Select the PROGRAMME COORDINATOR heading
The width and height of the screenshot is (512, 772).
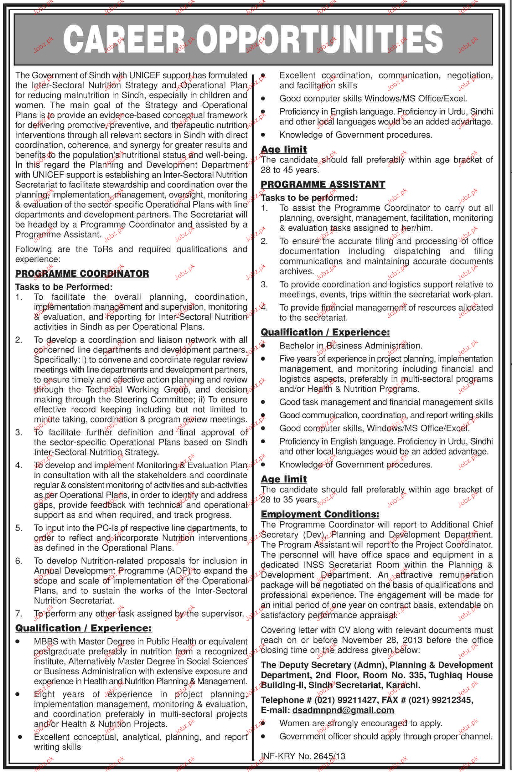[x=82, y=274]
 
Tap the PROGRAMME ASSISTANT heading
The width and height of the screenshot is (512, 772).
[x=323, y=184]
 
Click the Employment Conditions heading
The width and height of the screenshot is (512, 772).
[x=320, y=514]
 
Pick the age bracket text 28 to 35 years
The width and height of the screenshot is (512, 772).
[x=289, y=500]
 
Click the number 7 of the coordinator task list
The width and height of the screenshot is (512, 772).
[x=18, y=614]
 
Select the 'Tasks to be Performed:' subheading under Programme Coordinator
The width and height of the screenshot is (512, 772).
[x=64, y=287]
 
